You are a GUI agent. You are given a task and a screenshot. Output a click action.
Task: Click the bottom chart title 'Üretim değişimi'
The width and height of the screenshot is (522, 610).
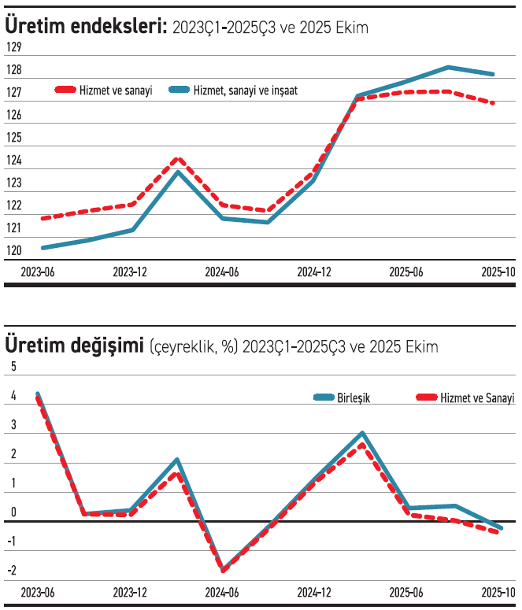(x=75, y=346)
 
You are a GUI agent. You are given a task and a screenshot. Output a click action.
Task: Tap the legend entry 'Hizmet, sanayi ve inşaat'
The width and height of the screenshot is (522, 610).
(x=245, y=91)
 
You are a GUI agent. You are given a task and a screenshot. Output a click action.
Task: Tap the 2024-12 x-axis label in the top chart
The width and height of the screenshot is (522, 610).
(x=314, y=272)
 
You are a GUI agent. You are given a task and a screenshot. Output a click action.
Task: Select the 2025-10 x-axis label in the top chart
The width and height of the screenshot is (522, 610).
(x=498, y=272)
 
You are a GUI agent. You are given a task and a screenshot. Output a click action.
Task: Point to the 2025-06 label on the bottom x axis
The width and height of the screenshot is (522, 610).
(x=406, y=592)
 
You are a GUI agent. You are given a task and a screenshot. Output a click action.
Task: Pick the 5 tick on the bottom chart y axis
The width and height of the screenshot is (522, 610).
(x=11, y=367)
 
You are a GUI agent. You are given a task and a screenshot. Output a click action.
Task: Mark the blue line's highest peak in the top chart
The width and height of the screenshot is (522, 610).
(x=448, y=67)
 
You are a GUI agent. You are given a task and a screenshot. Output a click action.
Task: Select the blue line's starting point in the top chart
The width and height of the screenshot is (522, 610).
(x=43, y=248)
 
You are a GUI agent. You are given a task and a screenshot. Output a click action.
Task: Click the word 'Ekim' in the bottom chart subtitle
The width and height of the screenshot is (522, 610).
(x=423, y=346)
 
